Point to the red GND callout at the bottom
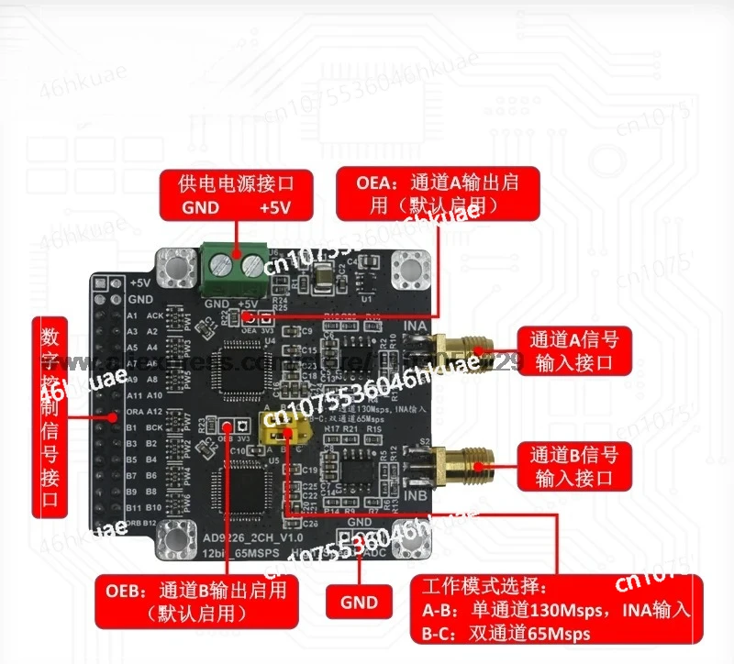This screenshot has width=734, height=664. point(359,602)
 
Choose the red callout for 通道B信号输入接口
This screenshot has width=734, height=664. point(574,465)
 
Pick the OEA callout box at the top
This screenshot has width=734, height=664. point(438,194)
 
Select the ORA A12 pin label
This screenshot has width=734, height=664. point(144,411)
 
